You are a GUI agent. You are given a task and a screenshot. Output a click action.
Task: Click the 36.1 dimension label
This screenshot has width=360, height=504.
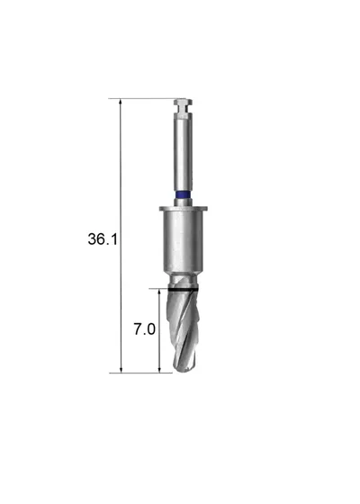click(103, 239)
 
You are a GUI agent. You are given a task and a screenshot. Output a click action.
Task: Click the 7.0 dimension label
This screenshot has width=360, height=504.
click(144, 329)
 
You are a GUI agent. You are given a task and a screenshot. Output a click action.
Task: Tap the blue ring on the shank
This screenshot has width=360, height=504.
click(183, 194)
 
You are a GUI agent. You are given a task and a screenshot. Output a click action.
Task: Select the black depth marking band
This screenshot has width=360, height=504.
click(183, 290)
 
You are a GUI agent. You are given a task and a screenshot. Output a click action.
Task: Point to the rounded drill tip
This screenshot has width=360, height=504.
click(184, 369)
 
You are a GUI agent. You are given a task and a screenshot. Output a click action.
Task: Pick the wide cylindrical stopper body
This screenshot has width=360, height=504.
click(184, 243)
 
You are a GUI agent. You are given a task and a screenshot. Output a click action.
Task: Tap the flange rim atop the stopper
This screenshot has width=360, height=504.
click(184, 208)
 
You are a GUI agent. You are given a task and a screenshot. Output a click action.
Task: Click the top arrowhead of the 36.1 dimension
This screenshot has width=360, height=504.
click(121, 102)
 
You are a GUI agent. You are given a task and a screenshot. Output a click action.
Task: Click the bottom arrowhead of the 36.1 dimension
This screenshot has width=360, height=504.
click(121, 370)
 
